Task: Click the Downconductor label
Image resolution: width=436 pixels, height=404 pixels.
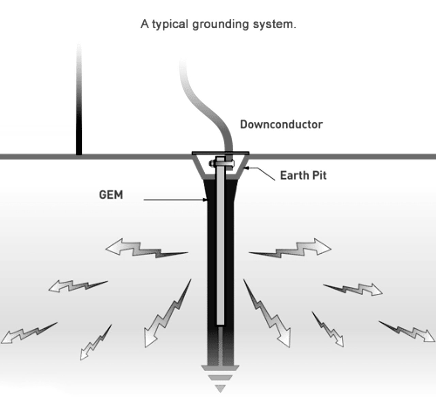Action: (281, 124)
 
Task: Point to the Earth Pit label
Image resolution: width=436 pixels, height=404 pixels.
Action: (303, 175)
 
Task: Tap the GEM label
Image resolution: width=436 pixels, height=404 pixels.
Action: (111, 195)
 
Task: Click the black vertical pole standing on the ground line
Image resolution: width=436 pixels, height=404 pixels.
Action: (79, 130)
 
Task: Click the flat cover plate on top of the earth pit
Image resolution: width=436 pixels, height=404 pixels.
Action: (221, 153)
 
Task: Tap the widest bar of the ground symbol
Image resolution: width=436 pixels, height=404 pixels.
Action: (220, 368)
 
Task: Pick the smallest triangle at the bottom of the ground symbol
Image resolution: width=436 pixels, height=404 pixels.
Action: (220, 388)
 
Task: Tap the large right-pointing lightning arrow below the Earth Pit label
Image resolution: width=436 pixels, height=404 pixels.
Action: (293, 248)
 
